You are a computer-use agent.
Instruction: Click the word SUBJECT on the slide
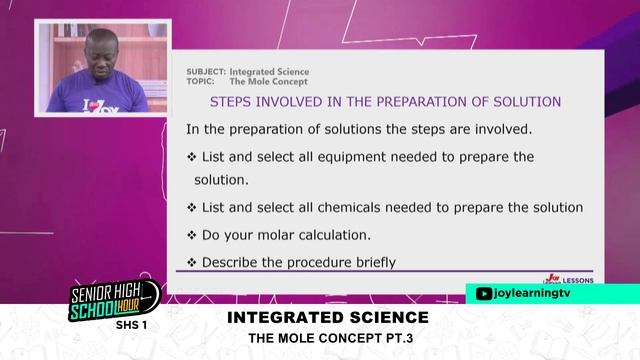coord(205,72)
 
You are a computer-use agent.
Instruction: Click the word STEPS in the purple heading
coord(231,102)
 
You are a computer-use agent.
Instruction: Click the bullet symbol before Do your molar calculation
coord(192,235)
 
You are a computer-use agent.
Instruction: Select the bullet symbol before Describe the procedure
coord(192,263)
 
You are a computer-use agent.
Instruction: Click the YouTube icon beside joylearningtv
coord(484,293)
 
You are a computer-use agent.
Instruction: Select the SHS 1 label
coord(131,325)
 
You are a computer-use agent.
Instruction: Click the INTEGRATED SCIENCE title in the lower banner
coord(327,317)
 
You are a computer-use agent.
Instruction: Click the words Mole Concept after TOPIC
coord(269,81)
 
